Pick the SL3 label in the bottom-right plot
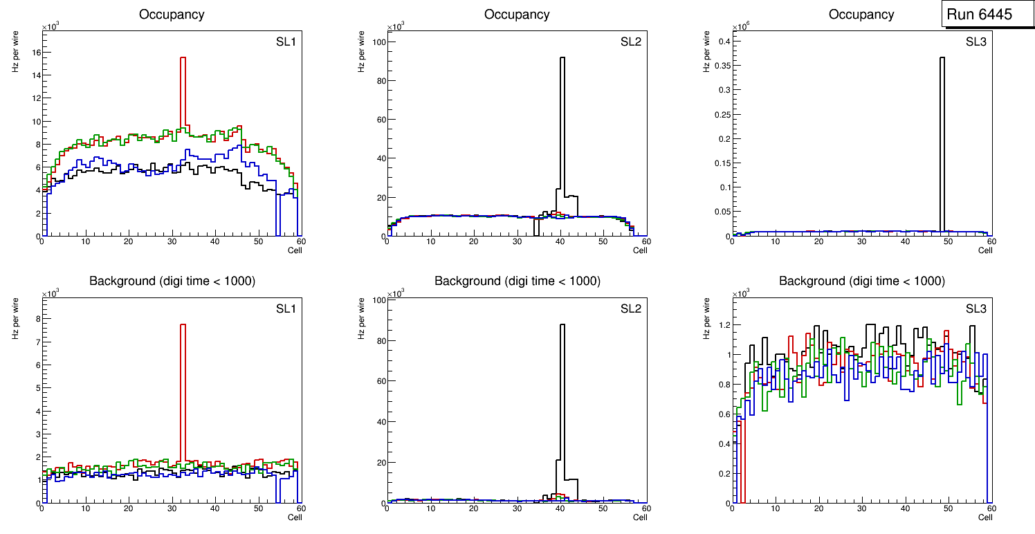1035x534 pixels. pyautogui.click(x=976, y=309)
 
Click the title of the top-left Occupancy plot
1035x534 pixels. pyautogui.click(x=172, y=14)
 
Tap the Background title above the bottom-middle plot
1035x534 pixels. pyautogui.click(x=517, y=281)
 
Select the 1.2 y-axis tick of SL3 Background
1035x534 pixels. pyautogui.click(x=723, y=325)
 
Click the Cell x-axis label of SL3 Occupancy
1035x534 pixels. pyautogui.click(x=985, y=250)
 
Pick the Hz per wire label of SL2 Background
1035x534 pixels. pyautogui.click(x=360, y=318)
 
